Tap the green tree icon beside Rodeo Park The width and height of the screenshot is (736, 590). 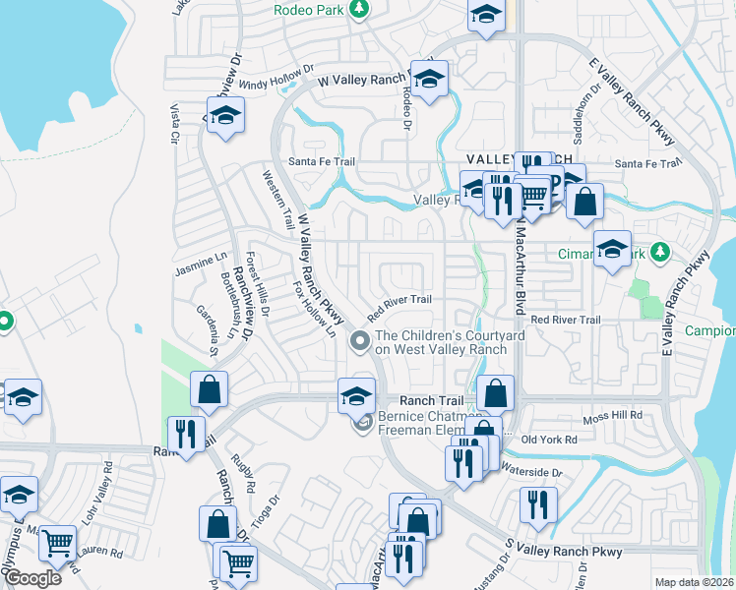(x=360, y=9)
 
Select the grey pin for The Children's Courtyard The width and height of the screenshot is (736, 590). (x=360, y=341)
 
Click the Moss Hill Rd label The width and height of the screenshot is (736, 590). (x=612, y=416)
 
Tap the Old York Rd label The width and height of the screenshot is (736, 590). (x=549, y=440)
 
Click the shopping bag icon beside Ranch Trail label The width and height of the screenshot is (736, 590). (x=495, y=393)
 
